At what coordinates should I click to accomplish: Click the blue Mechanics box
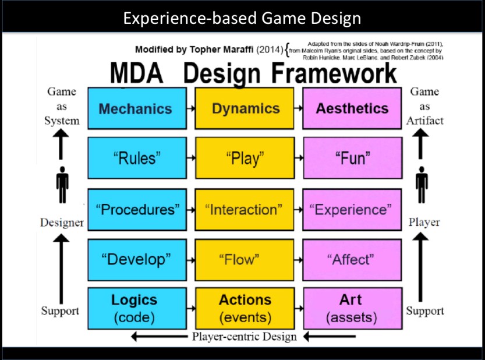(137, 108)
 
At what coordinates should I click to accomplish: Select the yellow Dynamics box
(245, 108)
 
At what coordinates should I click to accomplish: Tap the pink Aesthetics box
(352, 108)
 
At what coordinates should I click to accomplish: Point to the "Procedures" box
(137, 209)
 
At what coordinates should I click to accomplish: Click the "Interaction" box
(245, 209)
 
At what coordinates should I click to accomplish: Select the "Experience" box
(352, 209)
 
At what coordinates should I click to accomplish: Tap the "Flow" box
(245, 259)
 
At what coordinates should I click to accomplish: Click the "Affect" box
(352, 259)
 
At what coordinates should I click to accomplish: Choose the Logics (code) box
(137, 308)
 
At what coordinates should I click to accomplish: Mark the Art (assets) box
(352, 308)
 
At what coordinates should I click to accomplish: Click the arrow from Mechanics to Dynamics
(190, 108)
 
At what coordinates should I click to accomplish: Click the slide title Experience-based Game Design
(242, 19)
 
